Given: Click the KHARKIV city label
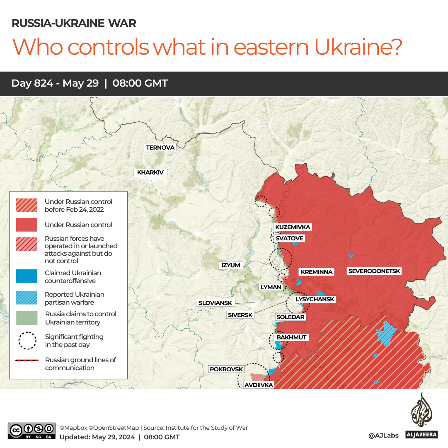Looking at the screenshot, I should coord(150,172).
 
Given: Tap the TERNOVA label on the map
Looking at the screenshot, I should coord(160,148).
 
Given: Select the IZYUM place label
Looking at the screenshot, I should coord(231,265).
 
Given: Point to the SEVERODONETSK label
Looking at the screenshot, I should coord(374,271).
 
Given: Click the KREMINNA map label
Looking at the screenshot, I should coord(317,272).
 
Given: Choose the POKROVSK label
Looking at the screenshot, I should coord(226,369).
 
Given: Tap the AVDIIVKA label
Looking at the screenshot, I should coord(259,385).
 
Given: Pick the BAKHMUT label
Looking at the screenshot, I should coord(291,337).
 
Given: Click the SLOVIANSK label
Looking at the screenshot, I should coord(216,303).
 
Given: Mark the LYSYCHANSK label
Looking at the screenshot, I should coord(314,299).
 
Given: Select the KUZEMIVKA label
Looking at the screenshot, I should coord(293,227).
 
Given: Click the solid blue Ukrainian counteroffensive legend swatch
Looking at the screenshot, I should coord(27,276).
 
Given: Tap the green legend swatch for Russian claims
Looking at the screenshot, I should coord(27,318).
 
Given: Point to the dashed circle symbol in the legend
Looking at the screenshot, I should coord(27,340).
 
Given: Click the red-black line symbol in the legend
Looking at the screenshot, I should coord(27,361).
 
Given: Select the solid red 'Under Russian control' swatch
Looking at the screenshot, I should coord(27,225).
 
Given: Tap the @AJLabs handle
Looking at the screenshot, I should coord(383,435).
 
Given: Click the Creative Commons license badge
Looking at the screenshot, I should coord(31,431).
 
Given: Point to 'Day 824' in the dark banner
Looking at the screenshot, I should coord(32,83).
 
